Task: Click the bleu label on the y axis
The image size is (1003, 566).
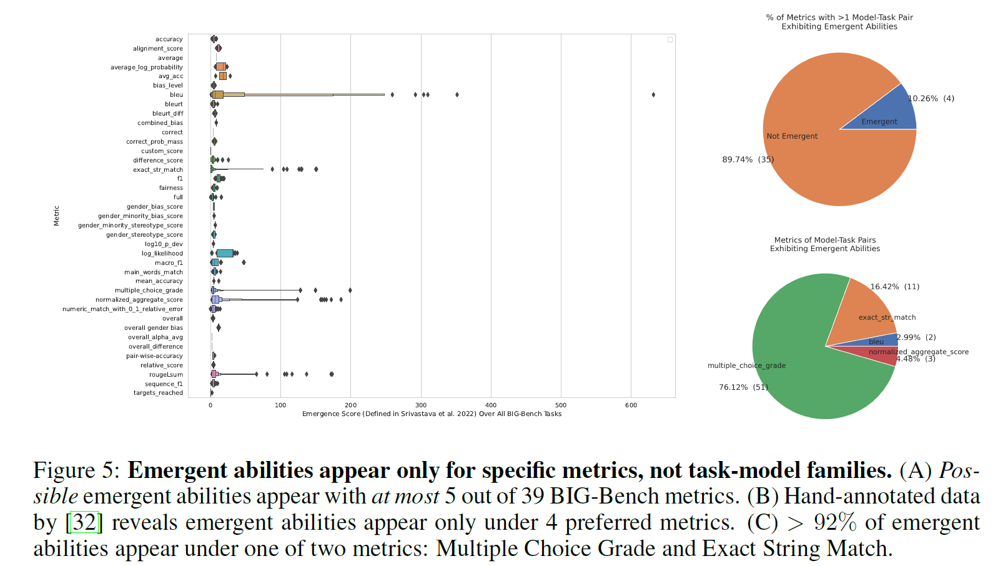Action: [176, 95]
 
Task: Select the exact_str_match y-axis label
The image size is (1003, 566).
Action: [158, 170]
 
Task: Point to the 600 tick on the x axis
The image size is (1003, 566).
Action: [631, 405]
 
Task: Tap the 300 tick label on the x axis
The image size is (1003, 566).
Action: [421, 405]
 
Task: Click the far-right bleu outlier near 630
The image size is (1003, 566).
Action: [653, 95]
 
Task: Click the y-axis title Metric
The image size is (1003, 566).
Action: [56, 216]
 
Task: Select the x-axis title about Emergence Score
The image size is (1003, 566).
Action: [432, 414]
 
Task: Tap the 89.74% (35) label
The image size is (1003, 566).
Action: [748, 159]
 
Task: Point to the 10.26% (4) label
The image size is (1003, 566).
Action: [931, 99]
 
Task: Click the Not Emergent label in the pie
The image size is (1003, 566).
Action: [792, 136]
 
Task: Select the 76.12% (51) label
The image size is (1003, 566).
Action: [743, 387]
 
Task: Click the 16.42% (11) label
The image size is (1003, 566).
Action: [894, 287]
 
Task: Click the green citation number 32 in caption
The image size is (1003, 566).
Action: [84, 522]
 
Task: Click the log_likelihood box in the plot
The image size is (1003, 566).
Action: [225, 254]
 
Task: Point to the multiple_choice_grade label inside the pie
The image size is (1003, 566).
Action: [746, 365]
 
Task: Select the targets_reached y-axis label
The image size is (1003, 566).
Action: [158, 393]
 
